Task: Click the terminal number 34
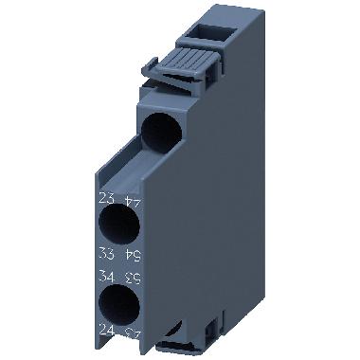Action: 107,277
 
